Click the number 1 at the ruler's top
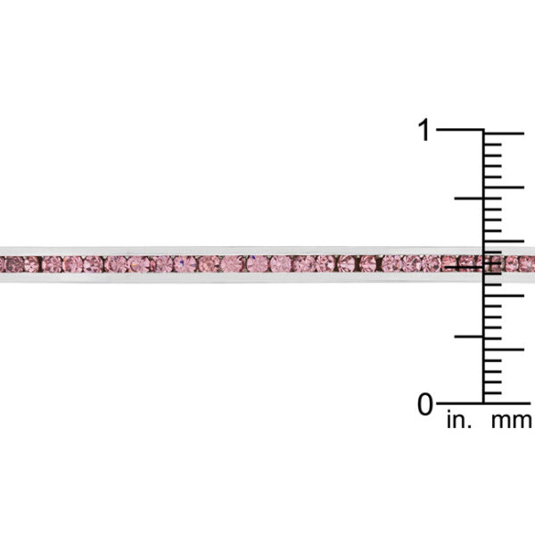tap(424, 129)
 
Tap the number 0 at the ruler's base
tap(425, 404)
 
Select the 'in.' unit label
tap(459, 420)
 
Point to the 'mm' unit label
tap(511, 421)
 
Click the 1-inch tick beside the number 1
tap(460, 129)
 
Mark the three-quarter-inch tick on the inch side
tap(469, 198)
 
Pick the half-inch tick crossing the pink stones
tap(465, 267)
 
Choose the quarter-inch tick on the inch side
tap(469, 336)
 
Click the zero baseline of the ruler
tap(483, 404)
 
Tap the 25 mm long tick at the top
tap(504, 134)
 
